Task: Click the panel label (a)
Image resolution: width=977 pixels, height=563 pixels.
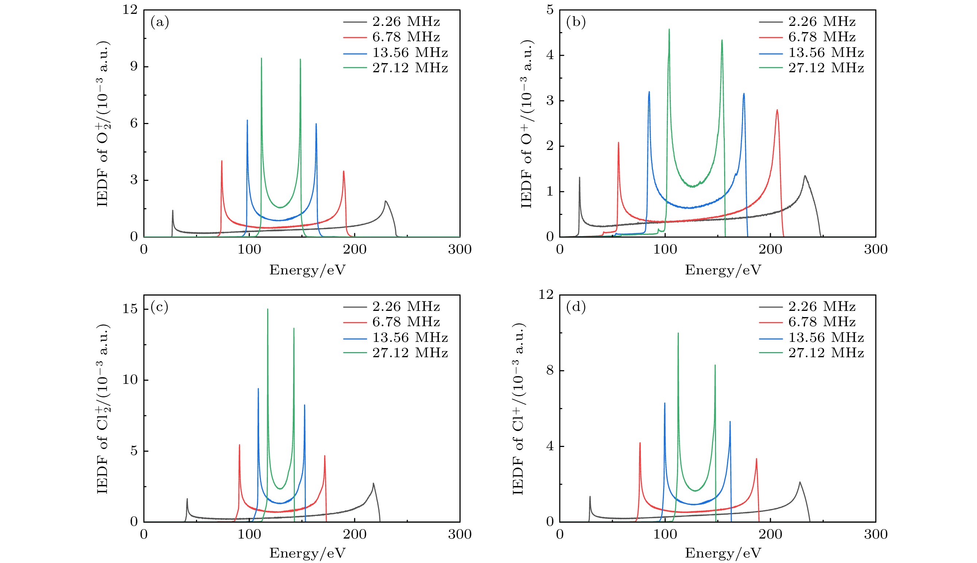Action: [x=160, y=22]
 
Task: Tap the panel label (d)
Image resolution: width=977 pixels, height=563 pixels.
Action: [x=576, y=307]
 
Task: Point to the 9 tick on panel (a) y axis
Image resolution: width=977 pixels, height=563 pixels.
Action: [x=134, y=66]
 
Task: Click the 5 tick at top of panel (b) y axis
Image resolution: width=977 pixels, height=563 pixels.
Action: [x=550, y=10]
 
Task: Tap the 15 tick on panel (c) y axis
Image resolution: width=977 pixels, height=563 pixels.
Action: [x=130, y=309]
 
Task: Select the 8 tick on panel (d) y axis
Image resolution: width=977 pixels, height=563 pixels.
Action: [x=550, y=370]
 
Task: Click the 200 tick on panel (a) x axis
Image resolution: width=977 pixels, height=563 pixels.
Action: [x=355, y=250]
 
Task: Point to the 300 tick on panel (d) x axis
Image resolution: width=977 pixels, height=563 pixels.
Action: [x=876, y=535]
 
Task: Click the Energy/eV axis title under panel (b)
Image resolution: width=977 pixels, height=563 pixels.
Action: [x=723, y=270]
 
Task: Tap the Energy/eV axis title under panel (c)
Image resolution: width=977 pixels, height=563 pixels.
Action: [x=307, y=553]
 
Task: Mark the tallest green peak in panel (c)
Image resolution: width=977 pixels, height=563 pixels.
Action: [x=267, y=309]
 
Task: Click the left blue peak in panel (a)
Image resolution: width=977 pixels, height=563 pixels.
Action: [x=247, y=121]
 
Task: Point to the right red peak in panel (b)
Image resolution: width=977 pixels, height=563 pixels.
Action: [x=777, y=110]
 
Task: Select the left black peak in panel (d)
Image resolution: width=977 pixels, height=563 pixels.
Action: [x=590, y=497]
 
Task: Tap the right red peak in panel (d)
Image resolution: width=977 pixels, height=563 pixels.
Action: [x=756, y=459]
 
